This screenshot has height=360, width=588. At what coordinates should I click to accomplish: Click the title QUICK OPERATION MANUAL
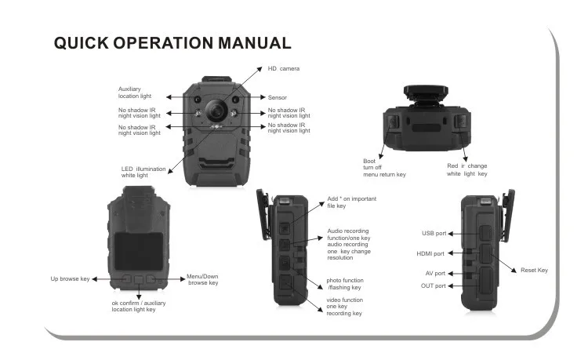click(172, 43)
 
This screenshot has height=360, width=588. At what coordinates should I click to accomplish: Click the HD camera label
click(285, 69)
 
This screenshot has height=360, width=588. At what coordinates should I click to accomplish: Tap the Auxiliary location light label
click(136, 93)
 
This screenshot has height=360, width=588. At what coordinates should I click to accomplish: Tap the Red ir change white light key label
click(467, 170)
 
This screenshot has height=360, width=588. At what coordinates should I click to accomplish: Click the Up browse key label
click(70, 278)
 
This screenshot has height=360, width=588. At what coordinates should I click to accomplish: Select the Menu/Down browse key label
click(203, 279)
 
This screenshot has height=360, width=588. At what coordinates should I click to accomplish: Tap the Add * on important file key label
click(351, 202)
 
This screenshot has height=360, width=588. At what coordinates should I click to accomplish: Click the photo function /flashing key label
click(345, 284)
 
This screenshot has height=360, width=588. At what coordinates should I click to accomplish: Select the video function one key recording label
click(345, 307)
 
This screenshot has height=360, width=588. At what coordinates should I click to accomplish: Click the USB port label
click(433, 233)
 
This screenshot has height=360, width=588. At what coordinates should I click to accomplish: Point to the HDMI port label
click(430, 253)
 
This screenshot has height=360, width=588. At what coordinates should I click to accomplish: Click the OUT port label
click(433, 285)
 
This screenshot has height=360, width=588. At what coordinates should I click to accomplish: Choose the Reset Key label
click(534, 270)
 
